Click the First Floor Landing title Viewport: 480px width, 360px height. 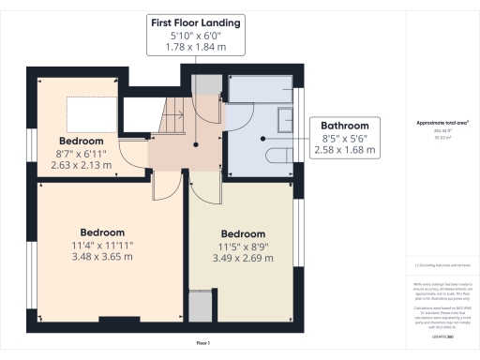click(194, 21)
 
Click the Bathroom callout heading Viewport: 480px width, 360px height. click(345, 125)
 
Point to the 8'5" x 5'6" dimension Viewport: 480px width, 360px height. click(345, 138)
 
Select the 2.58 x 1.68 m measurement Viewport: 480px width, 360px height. click(345, 150)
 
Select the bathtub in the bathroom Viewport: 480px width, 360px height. click(262, 89)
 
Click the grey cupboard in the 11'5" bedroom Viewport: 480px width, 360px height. click(200, 307)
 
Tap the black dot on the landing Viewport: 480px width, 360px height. click(195, 145)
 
